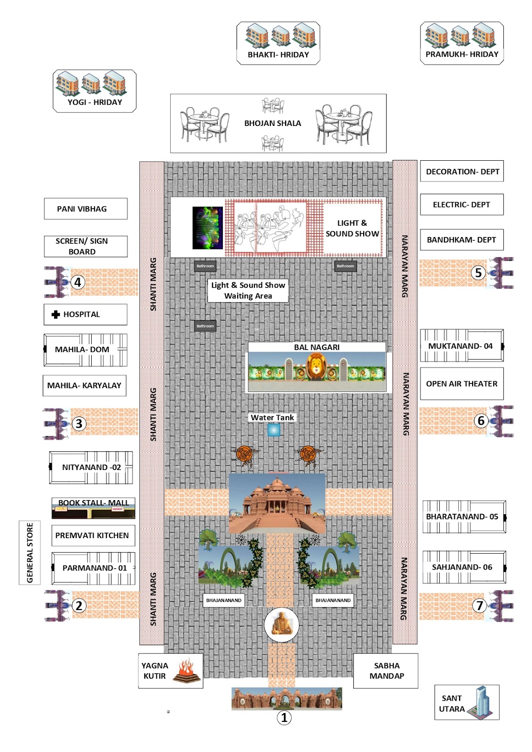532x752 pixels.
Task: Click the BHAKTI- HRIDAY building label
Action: click(278, 55)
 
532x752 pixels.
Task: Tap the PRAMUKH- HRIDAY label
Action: click(461, 54)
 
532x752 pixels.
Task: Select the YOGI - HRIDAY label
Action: click(95, 102)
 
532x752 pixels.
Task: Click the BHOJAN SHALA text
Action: click(272, 123)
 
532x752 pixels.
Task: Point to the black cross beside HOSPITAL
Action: click(56, 314)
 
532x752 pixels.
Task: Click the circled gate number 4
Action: click(78, 282)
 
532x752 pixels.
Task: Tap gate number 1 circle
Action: click(284, 718)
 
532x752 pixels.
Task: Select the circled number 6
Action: click(481, 420)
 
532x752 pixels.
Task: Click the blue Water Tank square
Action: click(273, 430)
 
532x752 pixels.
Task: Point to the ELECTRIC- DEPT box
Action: click(461, 204)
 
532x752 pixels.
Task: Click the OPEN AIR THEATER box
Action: click(461, 384)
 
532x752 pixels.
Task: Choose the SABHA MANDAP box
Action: click(386, 671)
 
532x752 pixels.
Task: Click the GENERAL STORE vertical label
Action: click(30, 553)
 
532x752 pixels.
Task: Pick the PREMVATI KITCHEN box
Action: click(92, 535)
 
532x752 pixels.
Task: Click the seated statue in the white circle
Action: click(281, 624)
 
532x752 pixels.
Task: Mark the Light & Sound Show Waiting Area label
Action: click(248, 290)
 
